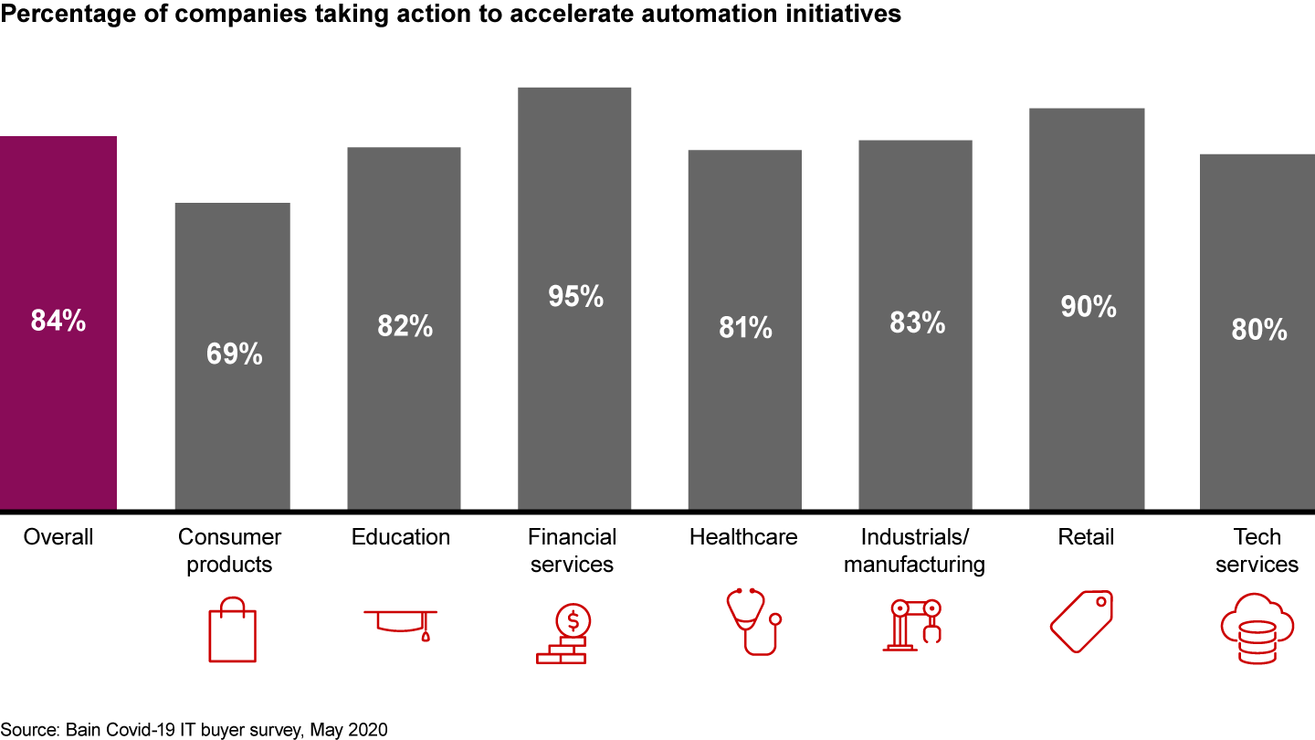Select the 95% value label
[575, 296]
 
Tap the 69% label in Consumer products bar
[234, 354]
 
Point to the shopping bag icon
[232, 628]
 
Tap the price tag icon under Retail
[1082, 621]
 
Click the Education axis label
[401, 537]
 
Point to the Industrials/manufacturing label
[914, 551]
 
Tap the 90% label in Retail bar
[1088, 307]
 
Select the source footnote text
[195, 730]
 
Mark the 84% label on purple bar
[58, 321]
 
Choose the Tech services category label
[1257, 551]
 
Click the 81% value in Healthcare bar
[744, 327]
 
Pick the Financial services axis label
[573, 551]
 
